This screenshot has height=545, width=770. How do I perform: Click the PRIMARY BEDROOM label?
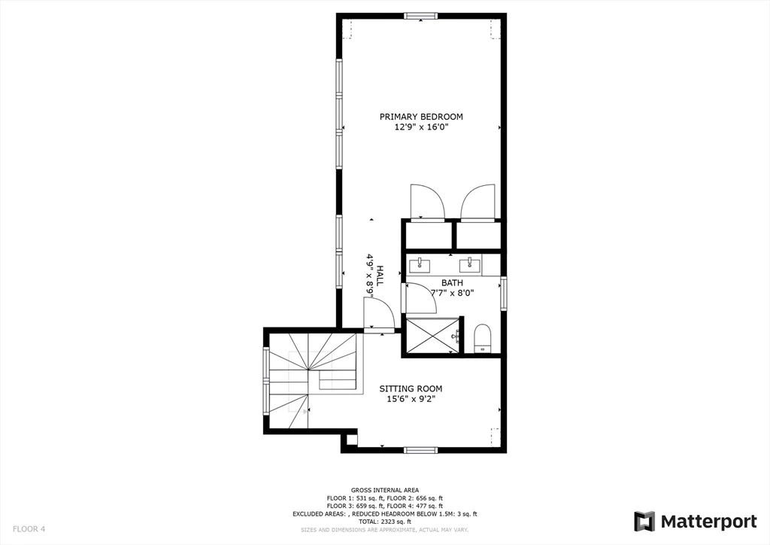(420, 117)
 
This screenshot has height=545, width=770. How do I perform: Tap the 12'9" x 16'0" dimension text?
(420, 127)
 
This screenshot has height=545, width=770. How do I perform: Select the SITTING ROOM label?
(411, 388)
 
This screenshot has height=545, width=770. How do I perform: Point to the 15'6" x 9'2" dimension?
(411, 399)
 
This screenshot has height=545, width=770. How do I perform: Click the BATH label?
(452, 282)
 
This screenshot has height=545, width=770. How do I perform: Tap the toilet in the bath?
(483, 338)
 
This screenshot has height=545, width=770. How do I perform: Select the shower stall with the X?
(432, 335)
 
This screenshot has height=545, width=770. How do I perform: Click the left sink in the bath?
(420, 264)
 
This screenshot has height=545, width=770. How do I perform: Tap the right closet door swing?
(477, 202)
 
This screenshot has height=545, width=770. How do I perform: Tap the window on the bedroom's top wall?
(420, 16)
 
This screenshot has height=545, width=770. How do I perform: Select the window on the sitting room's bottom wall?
(420, 450)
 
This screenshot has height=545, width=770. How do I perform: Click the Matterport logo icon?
(644, 521)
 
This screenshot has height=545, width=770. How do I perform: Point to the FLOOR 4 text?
(29, 529)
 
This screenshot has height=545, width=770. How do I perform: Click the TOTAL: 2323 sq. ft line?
(384, 522)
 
